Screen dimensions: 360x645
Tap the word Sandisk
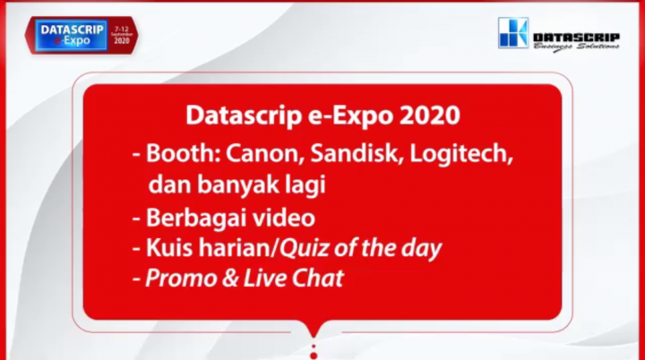pyautogui.click(x=353, y=152)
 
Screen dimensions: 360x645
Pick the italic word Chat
pyautogui.click(x=318, y=278)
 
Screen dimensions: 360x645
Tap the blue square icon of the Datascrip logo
pyautogui.click(x=512, y=33)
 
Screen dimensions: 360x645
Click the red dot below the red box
pyautogui.click(x=313, y=355)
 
